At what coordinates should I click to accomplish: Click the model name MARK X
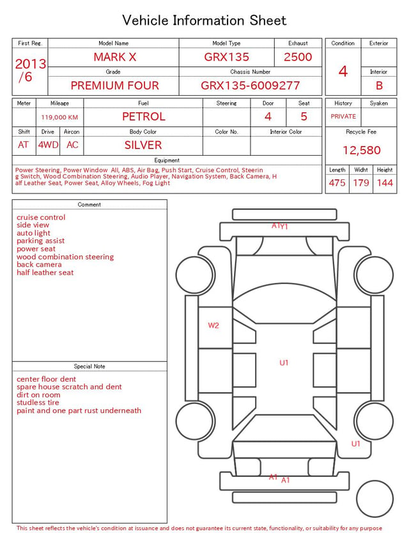point(115,57)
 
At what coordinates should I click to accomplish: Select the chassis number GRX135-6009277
point(250,86)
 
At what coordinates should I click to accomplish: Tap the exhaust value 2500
point(298,57)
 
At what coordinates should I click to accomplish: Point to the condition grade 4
point(343,71)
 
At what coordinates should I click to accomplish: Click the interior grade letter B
point(379,86)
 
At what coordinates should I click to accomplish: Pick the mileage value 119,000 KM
point(59,117)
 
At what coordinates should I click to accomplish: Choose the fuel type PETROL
point(144,117)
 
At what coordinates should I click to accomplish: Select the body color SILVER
point(143,145)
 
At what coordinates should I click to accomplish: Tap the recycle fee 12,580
point(361,150)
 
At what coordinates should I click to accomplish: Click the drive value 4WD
point(48,145)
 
